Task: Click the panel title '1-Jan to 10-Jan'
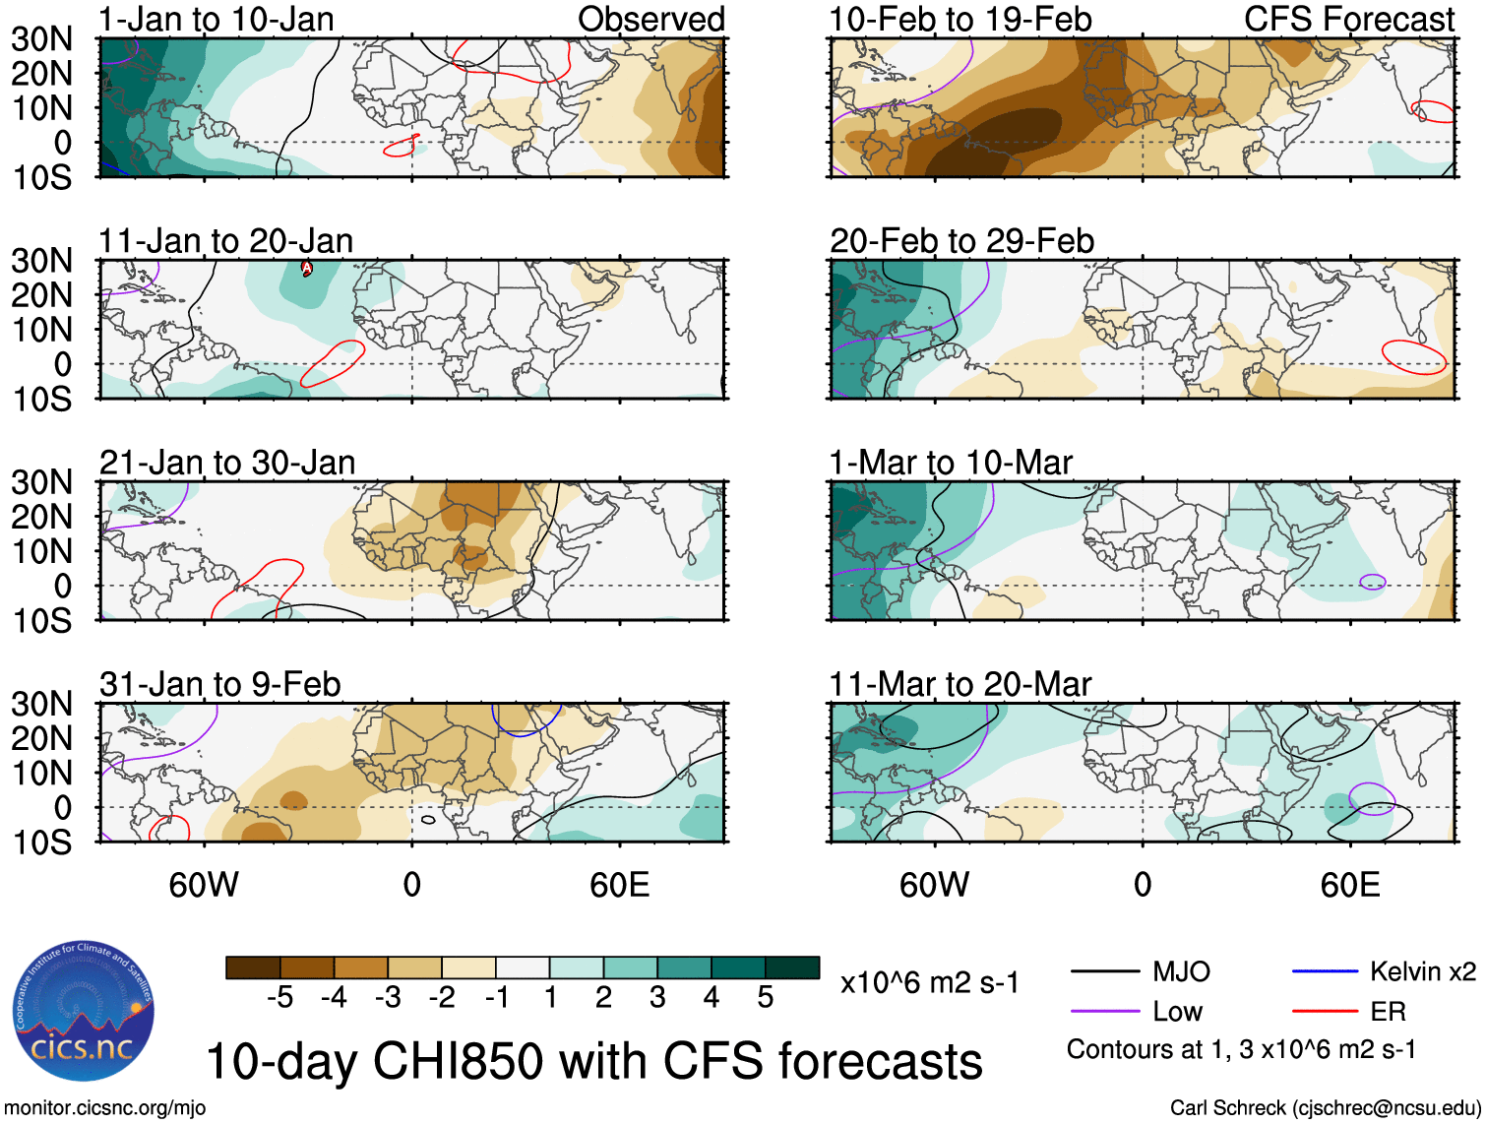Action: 216,19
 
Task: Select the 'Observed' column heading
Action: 650,19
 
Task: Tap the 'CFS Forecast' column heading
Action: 1349,19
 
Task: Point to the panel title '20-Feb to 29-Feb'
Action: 961,241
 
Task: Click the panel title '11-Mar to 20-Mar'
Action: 960,684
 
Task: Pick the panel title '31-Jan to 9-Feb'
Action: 219,684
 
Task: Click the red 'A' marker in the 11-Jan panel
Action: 306,268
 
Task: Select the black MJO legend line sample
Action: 1105,972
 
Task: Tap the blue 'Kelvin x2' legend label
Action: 1422,972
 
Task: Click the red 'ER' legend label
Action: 1388,1012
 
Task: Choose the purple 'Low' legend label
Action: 1177,1012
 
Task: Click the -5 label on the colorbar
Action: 279,998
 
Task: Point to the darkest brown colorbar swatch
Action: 253,968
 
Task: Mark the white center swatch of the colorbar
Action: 523,968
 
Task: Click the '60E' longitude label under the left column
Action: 619,885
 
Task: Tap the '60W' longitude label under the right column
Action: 934,885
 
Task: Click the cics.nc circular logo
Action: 84,1011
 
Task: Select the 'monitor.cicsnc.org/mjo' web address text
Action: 105,1108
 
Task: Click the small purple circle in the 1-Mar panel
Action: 1372,582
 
